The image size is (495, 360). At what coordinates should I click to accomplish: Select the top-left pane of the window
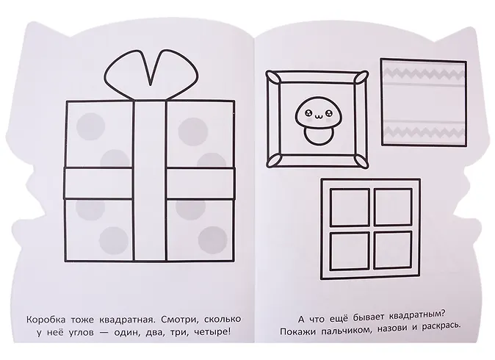pyautogui.click(x=350, y=207)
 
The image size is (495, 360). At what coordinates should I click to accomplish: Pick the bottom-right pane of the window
pyautogui.click(x=393, y=251)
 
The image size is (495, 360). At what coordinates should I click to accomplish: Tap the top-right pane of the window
pyautogui.click(x=393, y=207)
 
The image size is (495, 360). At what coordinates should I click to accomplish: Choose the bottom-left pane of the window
pyautogui.click(x=350, y=251)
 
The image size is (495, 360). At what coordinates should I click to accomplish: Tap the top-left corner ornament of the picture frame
pyautogui.click(x=273, y=78)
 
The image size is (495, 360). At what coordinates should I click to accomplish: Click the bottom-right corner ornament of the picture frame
pyautogui.click(x=361, y=161)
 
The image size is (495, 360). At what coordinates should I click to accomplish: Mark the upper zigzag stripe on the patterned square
pyautogui.click(x=423, y=74)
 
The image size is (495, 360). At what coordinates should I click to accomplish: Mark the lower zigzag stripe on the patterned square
pyautogui.click(x=424, y=130)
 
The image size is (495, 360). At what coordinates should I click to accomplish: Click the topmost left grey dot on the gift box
pyautogui.click(x=90, y=126)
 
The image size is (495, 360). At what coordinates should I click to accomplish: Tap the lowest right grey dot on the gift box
pyautogui.click(x=213, y=240)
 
